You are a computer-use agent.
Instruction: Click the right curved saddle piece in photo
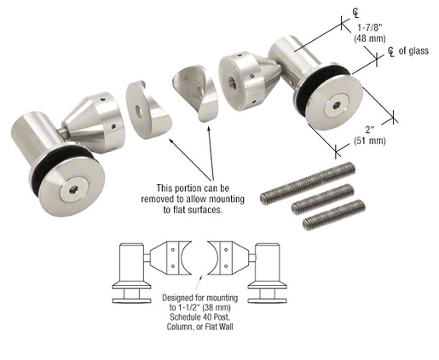pyautogui.click(x=194, y=94)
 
